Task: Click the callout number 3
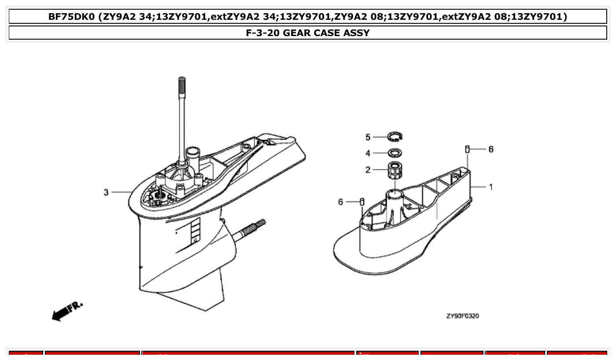tap(106, 192)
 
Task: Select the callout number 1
tap(491, 187)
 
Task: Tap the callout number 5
tap(368, 137)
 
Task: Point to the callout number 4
tap(368, 153)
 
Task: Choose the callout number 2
tap(368, 169)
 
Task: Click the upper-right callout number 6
tap(491, 149)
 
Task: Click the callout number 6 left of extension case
tap(340, 202)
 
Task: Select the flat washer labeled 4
tap(395, 153)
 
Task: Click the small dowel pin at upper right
tap(467, 149)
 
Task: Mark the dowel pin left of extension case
tap(362, 202)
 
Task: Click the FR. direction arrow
tap(66, 311)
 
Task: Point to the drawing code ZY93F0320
tap(462, 316)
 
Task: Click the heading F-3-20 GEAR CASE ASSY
tap(308, 33)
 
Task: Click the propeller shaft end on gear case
tap(258, 225)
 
